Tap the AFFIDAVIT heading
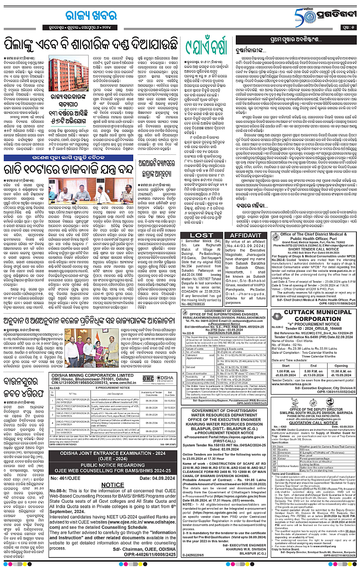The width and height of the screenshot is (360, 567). pos(245,235)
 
